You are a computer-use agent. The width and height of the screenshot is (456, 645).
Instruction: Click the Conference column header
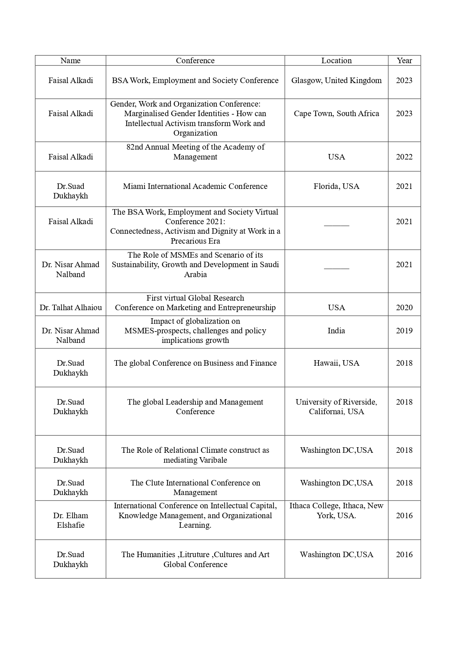[195, 61]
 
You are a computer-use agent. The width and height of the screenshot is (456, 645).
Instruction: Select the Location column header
[336, 61]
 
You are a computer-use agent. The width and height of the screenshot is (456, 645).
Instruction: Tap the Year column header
[404, 61]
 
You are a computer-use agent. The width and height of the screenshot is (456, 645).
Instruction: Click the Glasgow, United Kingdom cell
[336, 80]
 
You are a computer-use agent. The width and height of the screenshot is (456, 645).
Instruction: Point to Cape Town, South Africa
[336, 114]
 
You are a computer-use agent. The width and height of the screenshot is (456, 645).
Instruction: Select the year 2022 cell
[404, 157]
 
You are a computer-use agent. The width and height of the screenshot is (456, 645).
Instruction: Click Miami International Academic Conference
[195, 186]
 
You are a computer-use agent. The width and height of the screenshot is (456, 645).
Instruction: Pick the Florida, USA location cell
[336, 186]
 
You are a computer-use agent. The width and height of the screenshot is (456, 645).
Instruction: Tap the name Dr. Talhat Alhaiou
[71, 308]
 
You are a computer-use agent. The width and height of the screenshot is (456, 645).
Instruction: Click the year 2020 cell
[404, 308]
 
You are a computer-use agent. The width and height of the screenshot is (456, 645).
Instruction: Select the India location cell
[336, 331]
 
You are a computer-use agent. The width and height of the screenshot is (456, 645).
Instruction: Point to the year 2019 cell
[404, 331]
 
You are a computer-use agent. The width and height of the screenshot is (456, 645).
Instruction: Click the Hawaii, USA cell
[336, 363]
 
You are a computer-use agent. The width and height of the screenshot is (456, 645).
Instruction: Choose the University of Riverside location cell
[336, 407]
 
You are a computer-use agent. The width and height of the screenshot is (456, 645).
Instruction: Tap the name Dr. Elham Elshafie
[71, 520]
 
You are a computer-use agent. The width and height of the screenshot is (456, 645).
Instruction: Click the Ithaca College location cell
[336, 510]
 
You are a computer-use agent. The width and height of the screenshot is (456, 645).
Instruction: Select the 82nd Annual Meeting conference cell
[195, 152]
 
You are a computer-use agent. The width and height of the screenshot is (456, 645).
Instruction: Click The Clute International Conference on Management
[195, 488]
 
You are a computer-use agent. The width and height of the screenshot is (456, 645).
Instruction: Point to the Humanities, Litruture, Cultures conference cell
[195, 559]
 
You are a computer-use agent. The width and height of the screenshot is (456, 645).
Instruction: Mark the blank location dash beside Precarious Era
[336, 224]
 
